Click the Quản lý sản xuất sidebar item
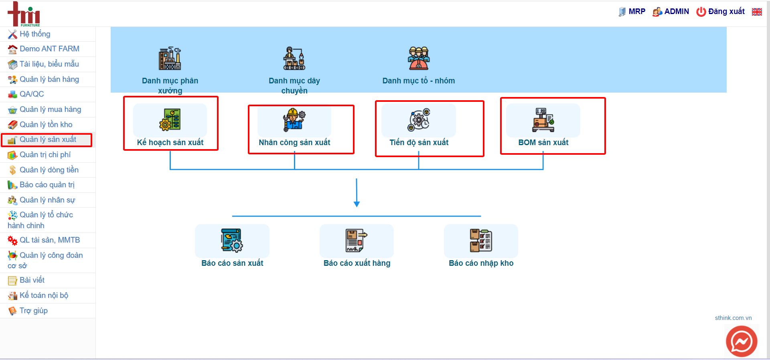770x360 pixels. [x=48, y=140]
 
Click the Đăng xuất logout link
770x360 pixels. [x=721, y=12]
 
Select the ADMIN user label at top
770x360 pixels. [x=671, y=12]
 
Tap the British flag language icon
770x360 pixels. [x=757, y=12]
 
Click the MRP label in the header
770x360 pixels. [x=632, y=12]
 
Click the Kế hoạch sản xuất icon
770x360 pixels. [x=170, y=120]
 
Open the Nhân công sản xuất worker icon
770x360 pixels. [x=294, y=119]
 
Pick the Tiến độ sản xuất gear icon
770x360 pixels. [x=419, y=120]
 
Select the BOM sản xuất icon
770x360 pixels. [x=543, y=120]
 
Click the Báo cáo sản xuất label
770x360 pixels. [x=232, y=263]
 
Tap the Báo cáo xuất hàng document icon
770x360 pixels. [x=357, y=241]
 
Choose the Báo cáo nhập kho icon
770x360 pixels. [x=481, y=241]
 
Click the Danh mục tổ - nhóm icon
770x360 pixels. [x=419, y=58]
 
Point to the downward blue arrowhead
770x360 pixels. [x=357, y=204]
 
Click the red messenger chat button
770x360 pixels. [x=742, y=342]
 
